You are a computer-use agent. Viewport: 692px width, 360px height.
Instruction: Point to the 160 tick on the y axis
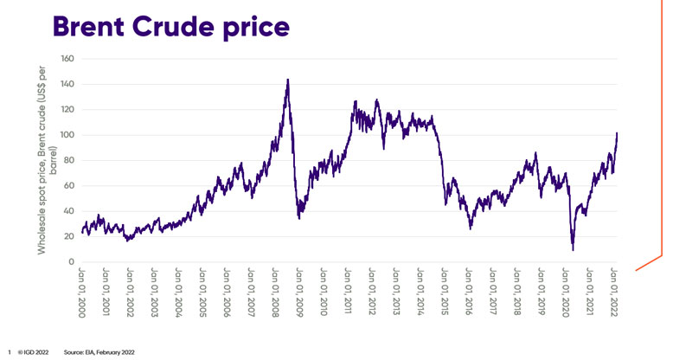68,59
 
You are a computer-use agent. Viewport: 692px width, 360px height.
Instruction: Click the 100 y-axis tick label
68,135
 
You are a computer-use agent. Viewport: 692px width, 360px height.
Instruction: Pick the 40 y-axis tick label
70,211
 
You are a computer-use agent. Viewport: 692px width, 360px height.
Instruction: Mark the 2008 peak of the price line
287,80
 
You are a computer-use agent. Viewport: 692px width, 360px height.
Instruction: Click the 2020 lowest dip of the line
573,249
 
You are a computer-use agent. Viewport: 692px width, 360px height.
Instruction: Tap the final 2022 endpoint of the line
616,133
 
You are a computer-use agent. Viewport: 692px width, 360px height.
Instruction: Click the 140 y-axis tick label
68,84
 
